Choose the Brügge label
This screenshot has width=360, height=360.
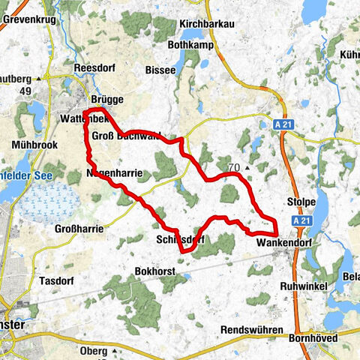106,99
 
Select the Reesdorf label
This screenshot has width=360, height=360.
94,67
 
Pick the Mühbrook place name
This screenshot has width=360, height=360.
30,145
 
